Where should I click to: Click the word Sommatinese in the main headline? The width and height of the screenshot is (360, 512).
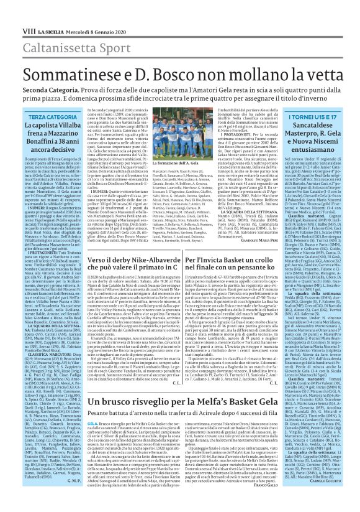pyautogui.click(x=70, y=57)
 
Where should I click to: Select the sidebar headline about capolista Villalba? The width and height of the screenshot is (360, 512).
pyautogui.click(x=45, y=121)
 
